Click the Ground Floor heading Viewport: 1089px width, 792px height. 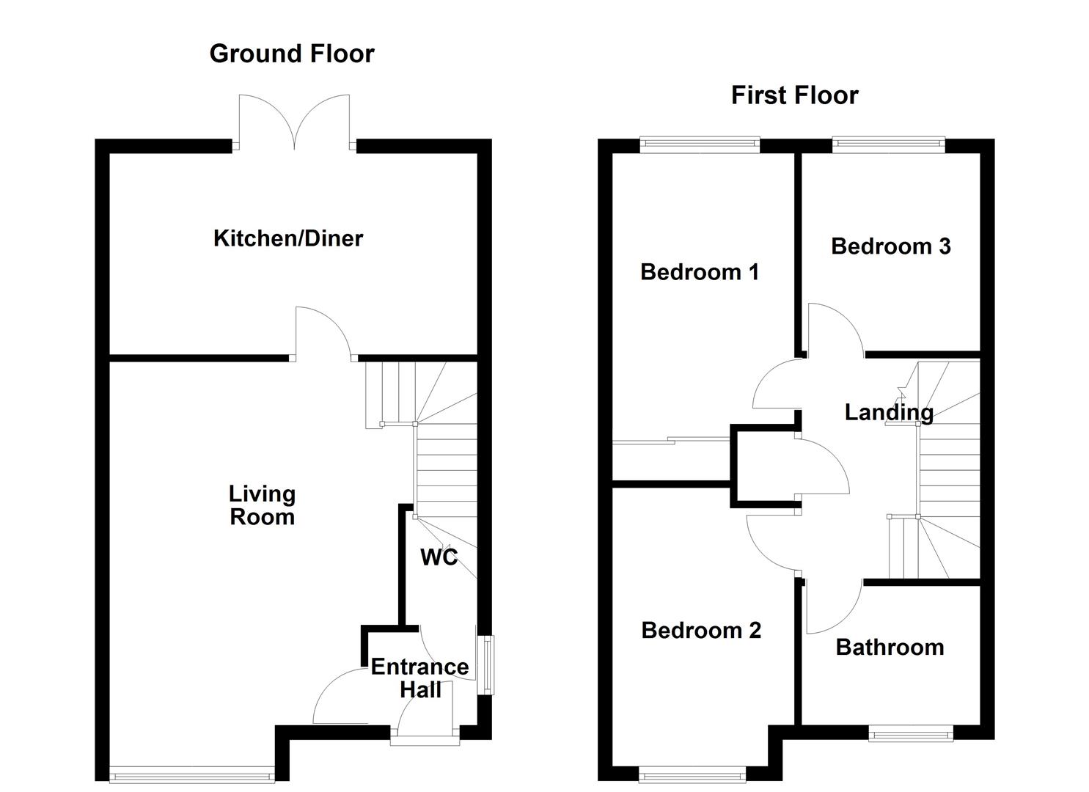pyautogui.click(x=291, y=54)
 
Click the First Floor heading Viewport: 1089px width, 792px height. pyautogui.click(x=794, y=95)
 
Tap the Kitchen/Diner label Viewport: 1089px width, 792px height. pyautogui.click(x=288, y=238)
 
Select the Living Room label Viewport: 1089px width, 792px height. pyautogui.click(x=262, y=505)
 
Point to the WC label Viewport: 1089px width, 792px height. pyautogui.click(x=439, y=557)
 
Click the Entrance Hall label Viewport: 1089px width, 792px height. pyautogui.click(x=419, y=678)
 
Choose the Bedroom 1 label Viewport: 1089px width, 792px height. pyautogui.click(x=699, y=272)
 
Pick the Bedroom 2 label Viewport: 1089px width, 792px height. pyautogui.click(x=700, y=631)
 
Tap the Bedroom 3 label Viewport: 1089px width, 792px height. pyautogui.click(x=890, y=246)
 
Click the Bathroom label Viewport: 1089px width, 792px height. pyautogui.click(x=890, y=648)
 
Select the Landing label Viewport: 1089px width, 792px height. pyautogui.click(x=888, y=412)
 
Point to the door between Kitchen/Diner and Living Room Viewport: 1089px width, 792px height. pyautogui.click(x=323, y=334)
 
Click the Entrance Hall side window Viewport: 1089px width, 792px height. pyautogui.click(x=485, y=664)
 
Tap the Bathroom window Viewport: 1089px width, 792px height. pyautogui.click(x=911, y=733)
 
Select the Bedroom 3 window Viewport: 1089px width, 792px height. pyautogui.click(x=888, y=145)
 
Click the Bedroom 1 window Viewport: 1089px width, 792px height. pyautogui.click(x=699, y=145)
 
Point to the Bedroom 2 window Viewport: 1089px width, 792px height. pyautogui.click(x=692, y=774)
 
